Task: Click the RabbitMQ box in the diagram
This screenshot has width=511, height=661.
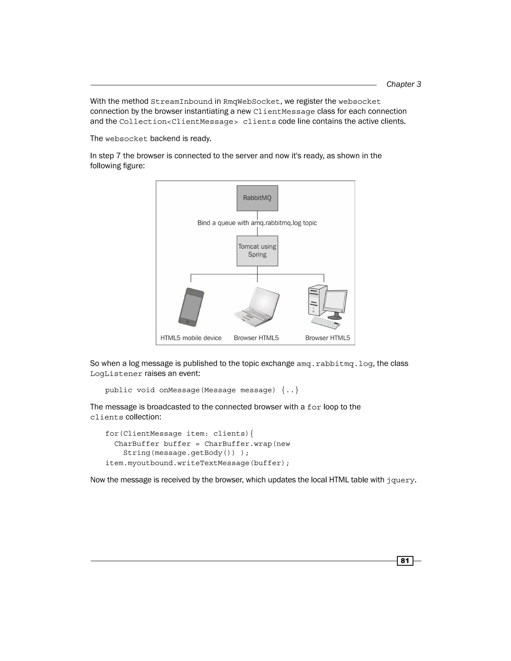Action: tap(257, 198)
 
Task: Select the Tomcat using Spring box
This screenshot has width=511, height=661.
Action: tap(257, 251)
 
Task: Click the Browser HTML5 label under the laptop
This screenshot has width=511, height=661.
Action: tap(256, 338)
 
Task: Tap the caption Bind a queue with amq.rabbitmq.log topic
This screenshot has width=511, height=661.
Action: tap(257, 223)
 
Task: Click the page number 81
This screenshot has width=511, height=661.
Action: tap(405, 561)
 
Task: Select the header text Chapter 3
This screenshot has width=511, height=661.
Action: tap(403, 84)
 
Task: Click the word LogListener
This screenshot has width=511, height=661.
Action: tap(116, 374)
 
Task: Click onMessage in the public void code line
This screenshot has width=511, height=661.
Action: tap(179, 390)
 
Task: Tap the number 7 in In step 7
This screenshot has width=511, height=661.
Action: tap(118, 156)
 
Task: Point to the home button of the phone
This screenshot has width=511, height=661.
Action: tap(187, 322)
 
